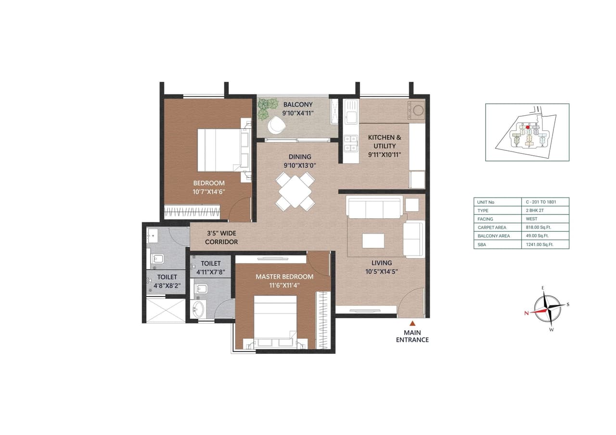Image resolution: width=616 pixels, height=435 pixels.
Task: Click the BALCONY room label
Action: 298,104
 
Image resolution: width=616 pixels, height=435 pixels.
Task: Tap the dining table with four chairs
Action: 295,191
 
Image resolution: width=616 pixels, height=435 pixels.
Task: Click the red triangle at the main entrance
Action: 412,323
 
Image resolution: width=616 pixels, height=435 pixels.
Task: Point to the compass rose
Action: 548,308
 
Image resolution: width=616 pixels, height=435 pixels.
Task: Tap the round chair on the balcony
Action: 277,125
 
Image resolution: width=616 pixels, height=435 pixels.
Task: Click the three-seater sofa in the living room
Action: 374,208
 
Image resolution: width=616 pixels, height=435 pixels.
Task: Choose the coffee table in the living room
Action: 373,240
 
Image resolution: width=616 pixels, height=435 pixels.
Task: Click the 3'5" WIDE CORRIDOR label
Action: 221,237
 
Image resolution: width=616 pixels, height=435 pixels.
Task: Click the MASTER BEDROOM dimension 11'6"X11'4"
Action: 284,285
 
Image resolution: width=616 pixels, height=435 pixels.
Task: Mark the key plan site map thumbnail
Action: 527,132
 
